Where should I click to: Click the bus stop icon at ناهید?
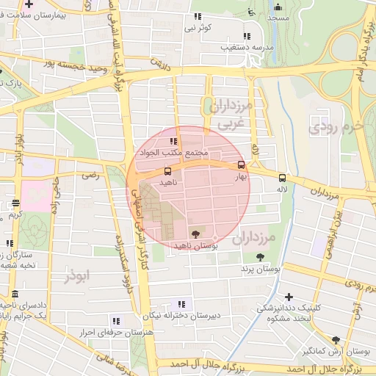click(168, 171)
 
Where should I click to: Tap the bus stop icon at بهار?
click(242, 165)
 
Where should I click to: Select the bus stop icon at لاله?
click(282, 177)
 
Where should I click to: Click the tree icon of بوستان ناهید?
click(194, 234)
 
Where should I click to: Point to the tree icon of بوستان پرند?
click(261, 256)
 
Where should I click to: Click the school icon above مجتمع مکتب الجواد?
click(174, 142)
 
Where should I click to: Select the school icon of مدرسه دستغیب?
click(246, 36)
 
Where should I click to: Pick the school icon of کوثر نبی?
click(196, 16)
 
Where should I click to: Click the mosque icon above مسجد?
click(252, 11)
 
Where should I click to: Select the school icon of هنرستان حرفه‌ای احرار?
click(115, 320)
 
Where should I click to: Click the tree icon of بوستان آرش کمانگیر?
click(336, 340)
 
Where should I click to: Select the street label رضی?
click(90, 176)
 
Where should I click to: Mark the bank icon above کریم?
click(16, 203)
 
